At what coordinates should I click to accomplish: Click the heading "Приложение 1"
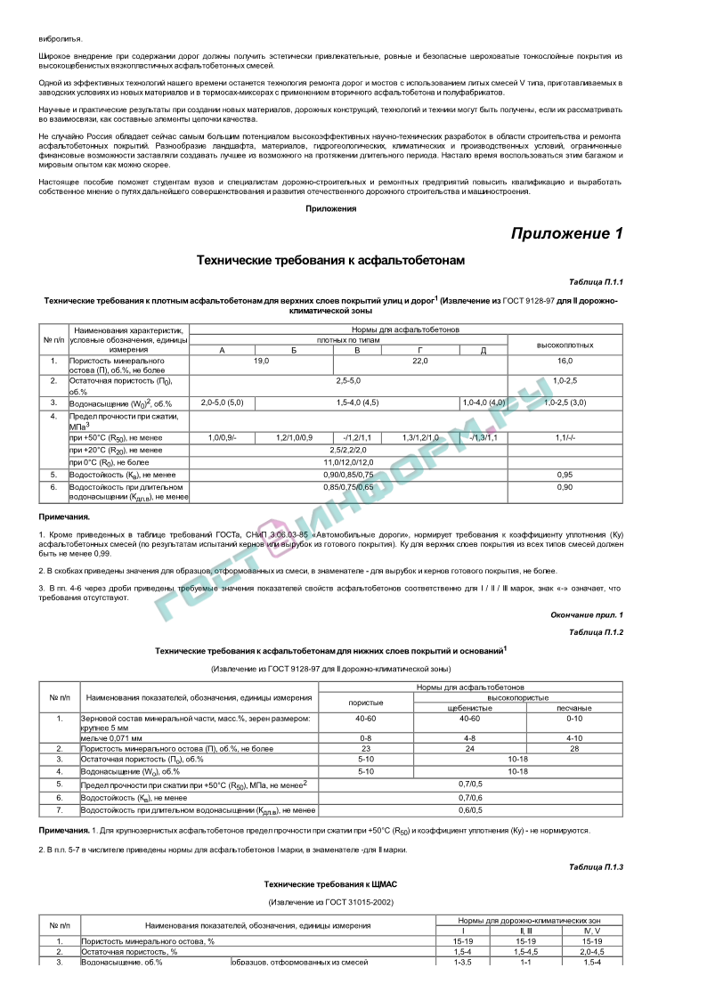[x=566, y=233]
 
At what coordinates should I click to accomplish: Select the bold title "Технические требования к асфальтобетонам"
[x=330, y=260]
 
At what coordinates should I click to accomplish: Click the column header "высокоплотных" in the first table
[x=565, y=345]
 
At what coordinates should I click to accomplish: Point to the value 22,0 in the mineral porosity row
[x=420, y=361]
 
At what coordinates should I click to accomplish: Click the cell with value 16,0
[x=565, y=361]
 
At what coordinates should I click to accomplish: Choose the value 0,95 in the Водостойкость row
[x=565, y=475]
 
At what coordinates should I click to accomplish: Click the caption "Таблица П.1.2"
[x=597, y=631]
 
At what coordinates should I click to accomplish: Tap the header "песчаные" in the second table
[x=573, y=708]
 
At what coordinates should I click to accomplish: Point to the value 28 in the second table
[x=573, y=749]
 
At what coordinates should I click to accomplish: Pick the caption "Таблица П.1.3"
[x=597, y=866]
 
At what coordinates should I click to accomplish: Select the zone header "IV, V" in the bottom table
[x=592, y=931]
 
